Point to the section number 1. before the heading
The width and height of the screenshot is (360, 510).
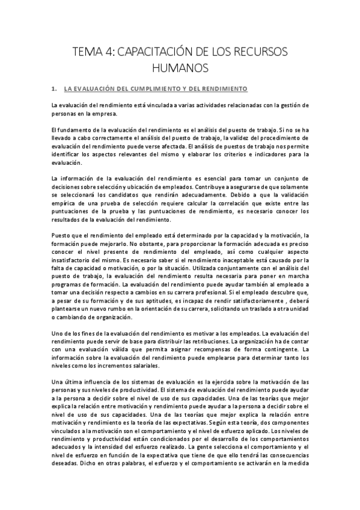tap(55, 89)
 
